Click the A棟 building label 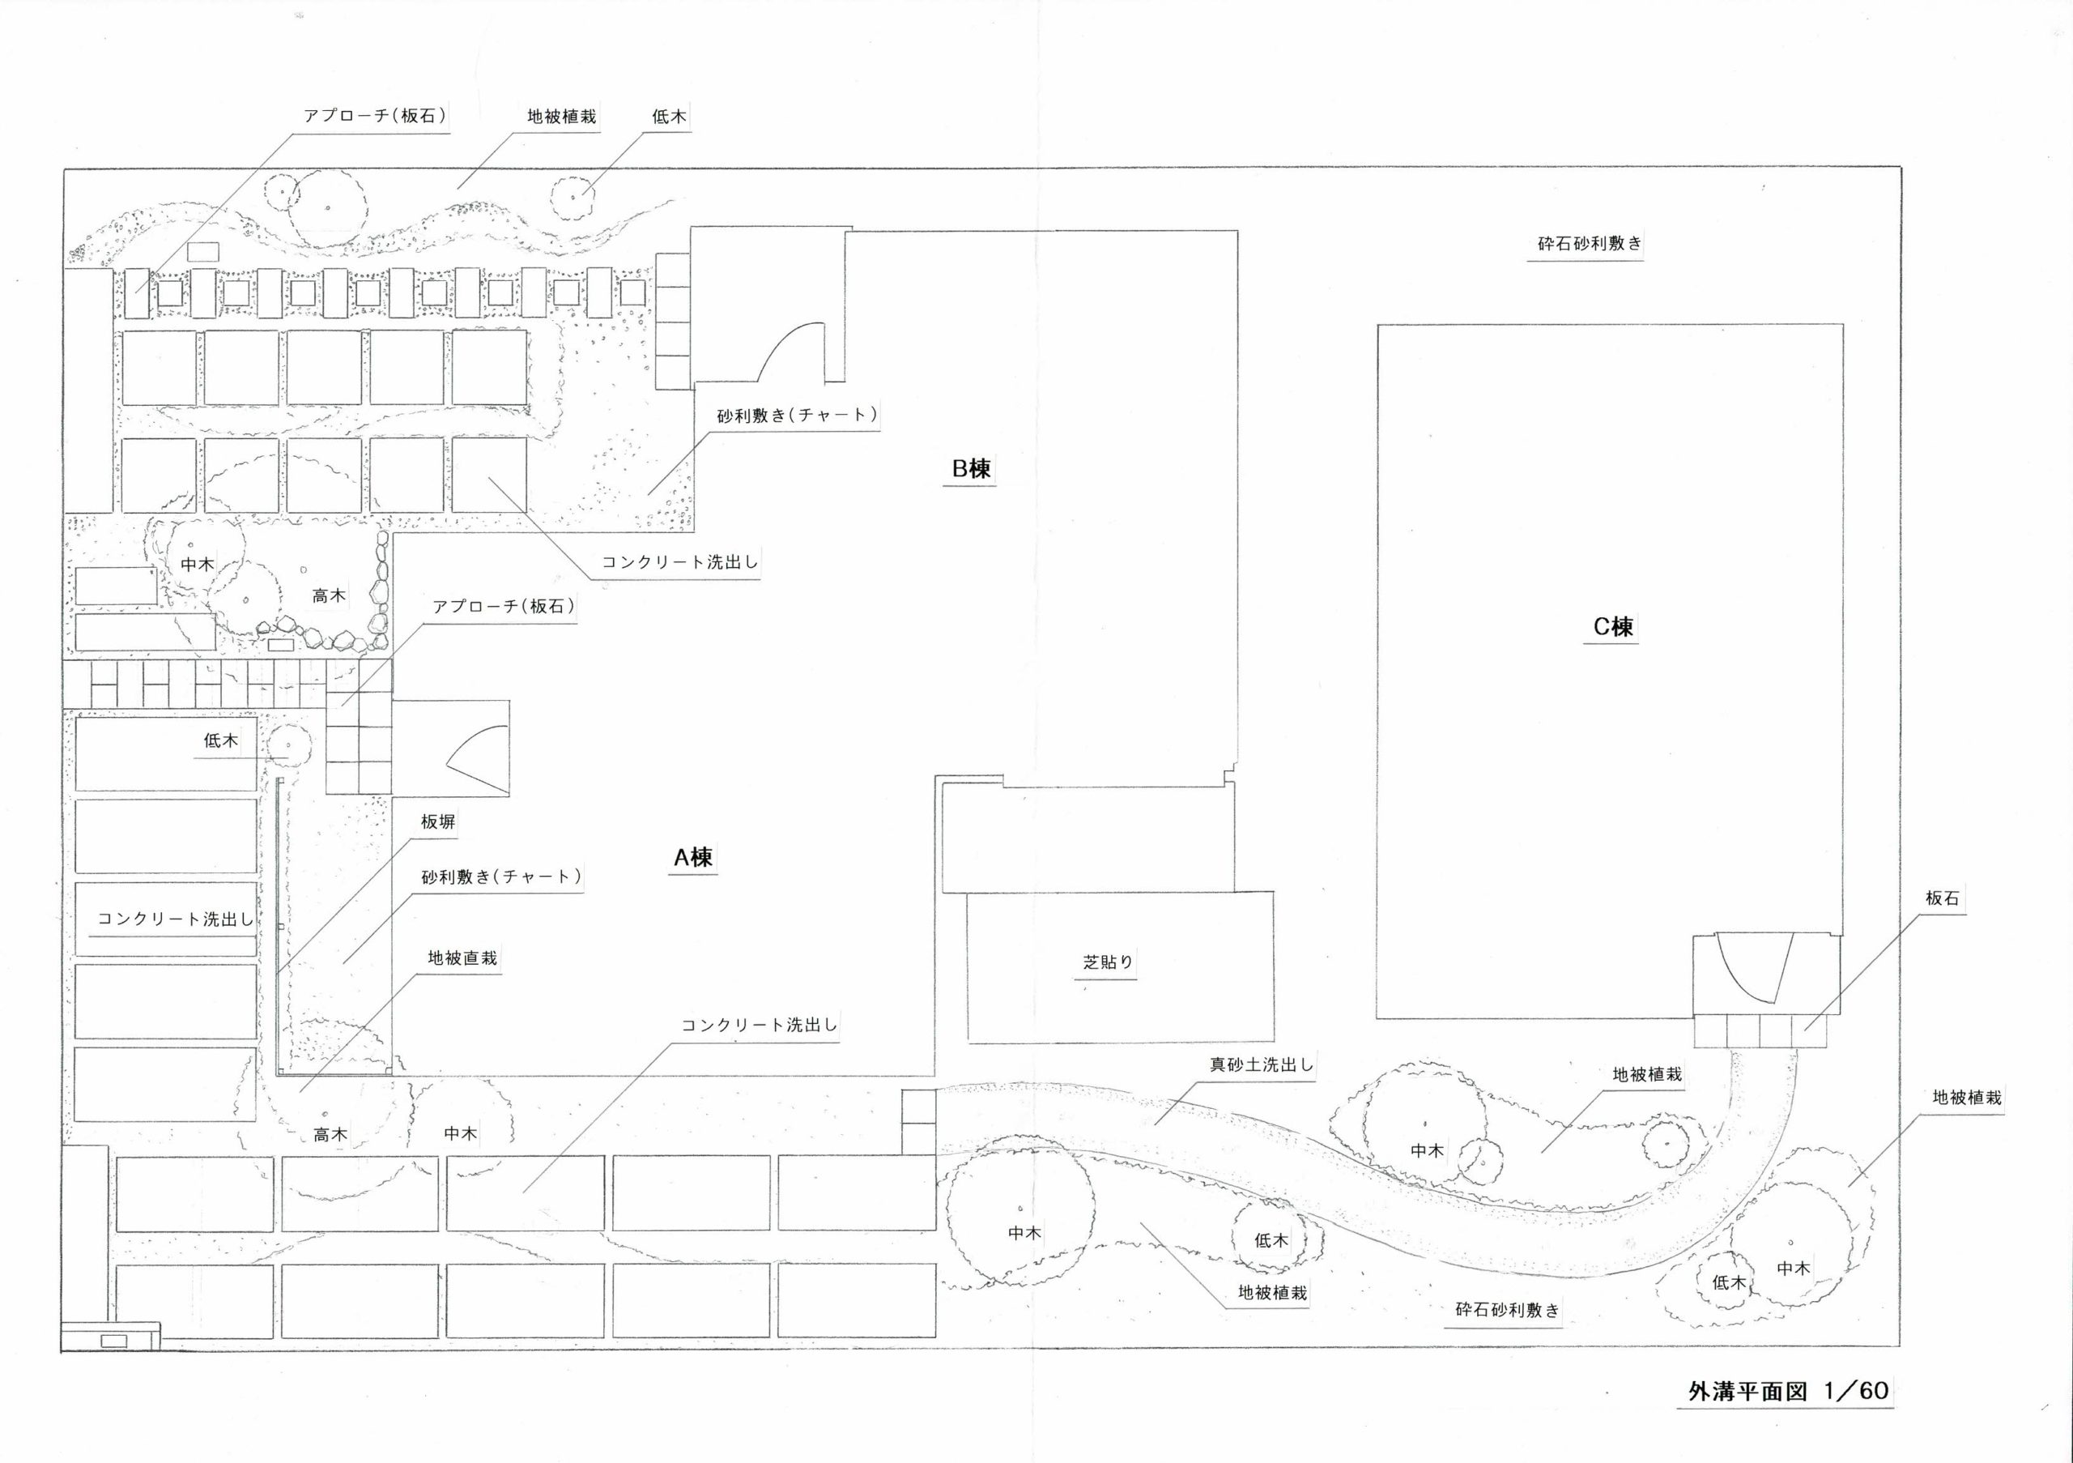click(x=692, y=857)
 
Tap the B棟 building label click(x=971, y=469)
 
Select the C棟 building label click(x=1612, y=627)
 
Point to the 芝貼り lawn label click(x=1108, y=962)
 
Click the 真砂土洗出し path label click(x=1262, y=1064)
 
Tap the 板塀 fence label click(x=438, y=821)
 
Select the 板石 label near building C click(x=1942, y=898)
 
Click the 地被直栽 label click(x=462, y=958)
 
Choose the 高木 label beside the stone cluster click(x=329, y=596)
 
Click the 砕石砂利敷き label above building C click(x=1590, y=244)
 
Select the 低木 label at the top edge click(x=669, y=117)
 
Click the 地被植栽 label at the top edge click(x=562, y=117)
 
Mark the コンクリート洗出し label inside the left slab click(x=175, y=919)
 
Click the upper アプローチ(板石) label click(x=375, y=117)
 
